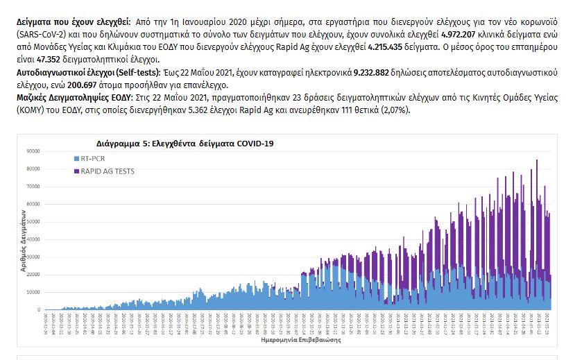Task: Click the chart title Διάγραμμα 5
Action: [185, 144]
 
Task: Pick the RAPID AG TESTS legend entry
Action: [108, 171]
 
